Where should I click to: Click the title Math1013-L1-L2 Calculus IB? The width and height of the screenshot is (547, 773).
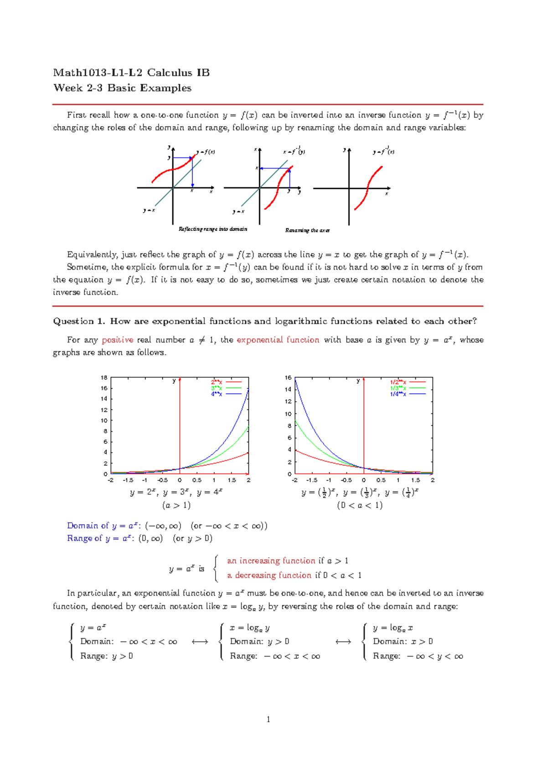coord(131,73)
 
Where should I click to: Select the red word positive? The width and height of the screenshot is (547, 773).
coord(117,340)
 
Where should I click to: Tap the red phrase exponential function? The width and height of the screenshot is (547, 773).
coord(278,340)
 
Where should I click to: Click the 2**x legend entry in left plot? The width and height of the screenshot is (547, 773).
coord(217,382)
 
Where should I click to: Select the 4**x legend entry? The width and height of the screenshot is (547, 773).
coord(217,394)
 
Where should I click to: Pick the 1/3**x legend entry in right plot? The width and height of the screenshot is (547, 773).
coord(398,388)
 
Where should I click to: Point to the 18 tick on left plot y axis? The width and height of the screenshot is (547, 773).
coord(104,377)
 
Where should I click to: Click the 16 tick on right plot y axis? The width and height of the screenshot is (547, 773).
coord(288,377)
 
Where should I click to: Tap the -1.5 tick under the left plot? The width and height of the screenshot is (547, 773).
coord(128,480)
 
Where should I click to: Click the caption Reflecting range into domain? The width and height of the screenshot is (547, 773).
coord(213,229)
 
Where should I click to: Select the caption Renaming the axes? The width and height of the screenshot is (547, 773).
coord(307,230)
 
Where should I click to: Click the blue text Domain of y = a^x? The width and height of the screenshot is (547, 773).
coord(103,526)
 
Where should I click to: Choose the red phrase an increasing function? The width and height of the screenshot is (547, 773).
coord(271,561)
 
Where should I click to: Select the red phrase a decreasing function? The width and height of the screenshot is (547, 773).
coord(269,575)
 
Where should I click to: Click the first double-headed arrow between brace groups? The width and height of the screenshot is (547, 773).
coord(200,642)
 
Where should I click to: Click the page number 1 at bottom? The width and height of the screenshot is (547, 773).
coord(268,719)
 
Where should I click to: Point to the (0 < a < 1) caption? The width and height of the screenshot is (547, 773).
coord(360,505)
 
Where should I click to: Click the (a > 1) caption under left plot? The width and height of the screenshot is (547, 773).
coord(176,505)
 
